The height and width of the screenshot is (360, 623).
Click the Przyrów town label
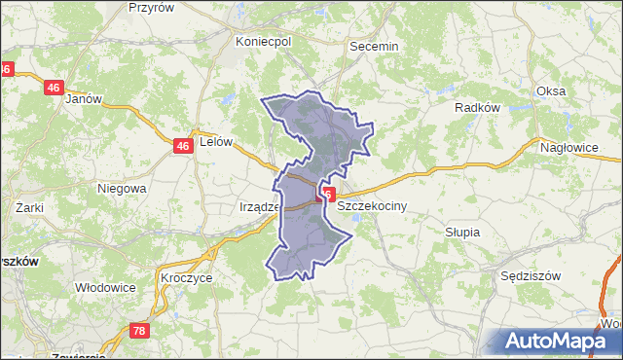point(151,7)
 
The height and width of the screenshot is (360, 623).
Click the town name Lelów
point(216,141)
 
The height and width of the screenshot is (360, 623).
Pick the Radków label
point(477,108)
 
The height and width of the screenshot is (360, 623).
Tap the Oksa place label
point(550,91)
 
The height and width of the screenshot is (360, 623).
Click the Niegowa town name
point(122,188)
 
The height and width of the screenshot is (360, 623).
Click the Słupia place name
point(462,233)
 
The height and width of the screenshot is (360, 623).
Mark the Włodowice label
point(105,288)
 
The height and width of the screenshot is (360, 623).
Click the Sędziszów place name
point(531,275)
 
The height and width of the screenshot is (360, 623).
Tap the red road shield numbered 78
point(138,332)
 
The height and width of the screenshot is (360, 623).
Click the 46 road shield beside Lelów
point(182,146)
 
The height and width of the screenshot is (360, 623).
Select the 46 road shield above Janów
point(53,88)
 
